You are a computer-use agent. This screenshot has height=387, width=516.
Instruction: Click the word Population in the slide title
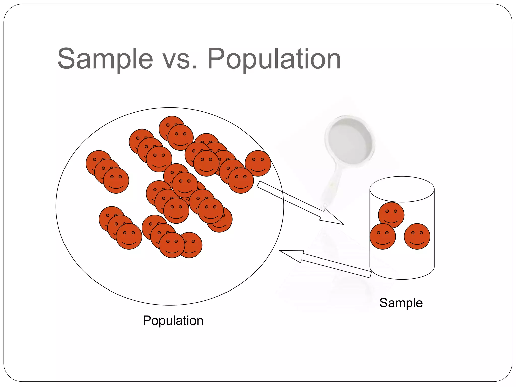tap(274, 59)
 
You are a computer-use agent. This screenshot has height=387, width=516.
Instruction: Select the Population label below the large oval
tap(173, 320)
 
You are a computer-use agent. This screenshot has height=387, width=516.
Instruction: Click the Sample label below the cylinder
tap(401, 303)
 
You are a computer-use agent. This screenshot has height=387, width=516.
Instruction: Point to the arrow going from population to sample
tap(297, 202)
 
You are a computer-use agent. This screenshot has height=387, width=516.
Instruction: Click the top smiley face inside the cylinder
tap(391, 215)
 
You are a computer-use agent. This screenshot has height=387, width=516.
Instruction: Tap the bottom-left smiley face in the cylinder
tap(382, 236)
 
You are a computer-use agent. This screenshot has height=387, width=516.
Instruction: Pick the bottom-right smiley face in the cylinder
tap(417, 236)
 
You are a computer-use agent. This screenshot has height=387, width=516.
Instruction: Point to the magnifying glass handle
tap(333, 181)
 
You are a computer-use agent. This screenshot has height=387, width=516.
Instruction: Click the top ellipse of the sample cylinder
tap(402, 189)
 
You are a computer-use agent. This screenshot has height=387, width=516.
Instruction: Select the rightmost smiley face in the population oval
tap(258, 163)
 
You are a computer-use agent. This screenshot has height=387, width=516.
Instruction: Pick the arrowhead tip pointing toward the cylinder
tap(343, 224)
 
